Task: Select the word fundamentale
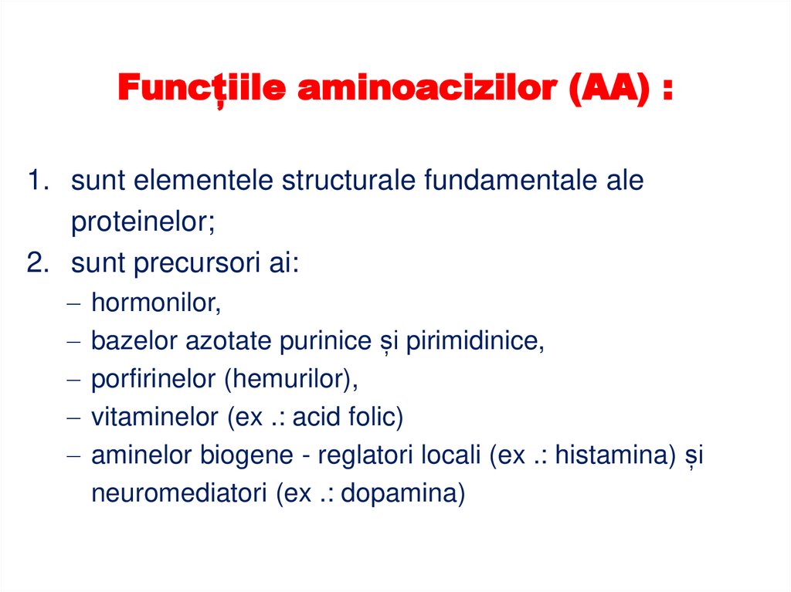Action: tap(506, 181)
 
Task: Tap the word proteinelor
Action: tap(143, 222)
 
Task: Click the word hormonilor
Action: tap(156, 303)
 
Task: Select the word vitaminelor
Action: tap(154, 418)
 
